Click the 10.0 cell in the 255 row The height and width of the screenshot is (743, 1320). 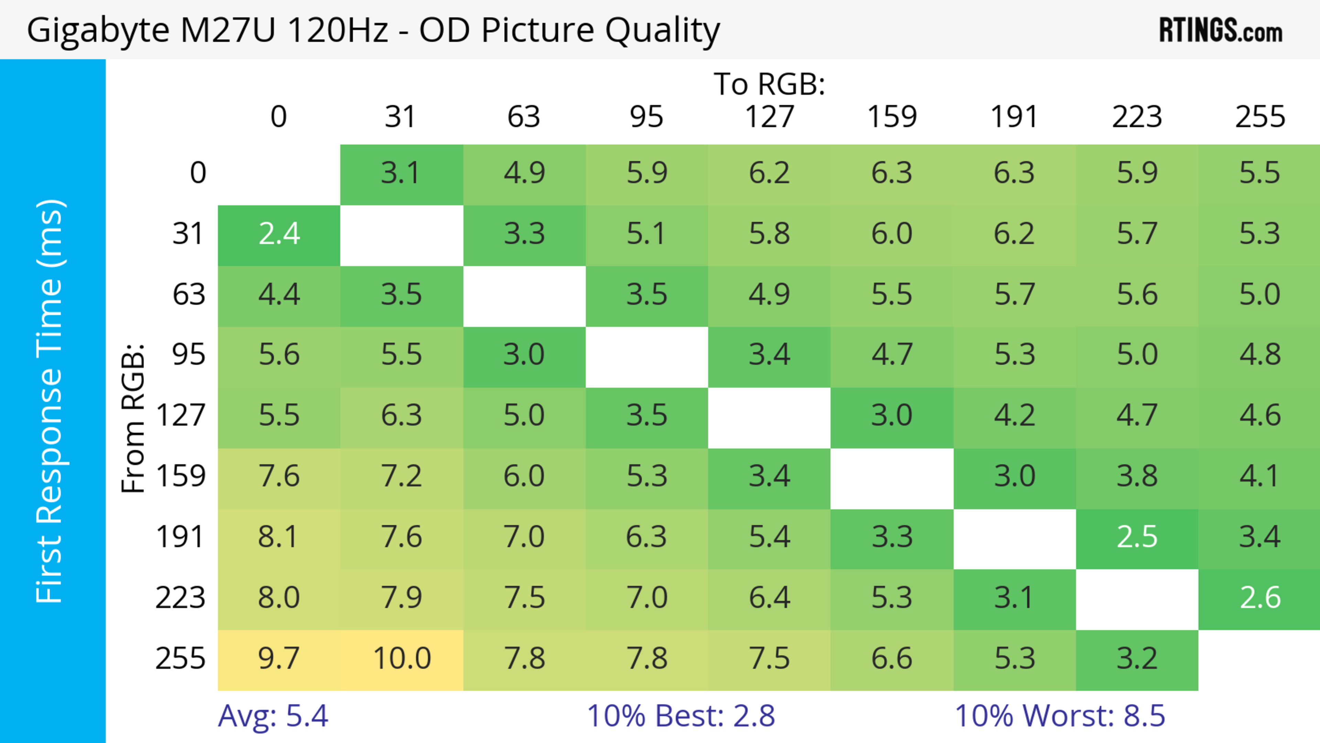(402, 659)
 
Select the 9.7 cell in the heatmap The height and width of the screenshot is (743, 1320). (279, 659)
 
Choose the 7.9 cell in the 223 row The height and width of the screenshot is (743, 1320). (402, 599)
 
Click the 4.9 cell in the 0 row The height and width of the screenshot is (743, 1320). (524, 174)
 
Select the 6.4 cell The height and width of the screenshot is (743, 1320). (769, 599)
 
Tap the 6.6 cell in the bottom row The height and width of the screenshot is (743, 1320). (892, 659)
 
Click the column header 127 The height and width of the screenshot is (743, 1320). (769, 117)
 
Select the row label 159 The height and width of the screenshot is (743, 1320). (181, 477)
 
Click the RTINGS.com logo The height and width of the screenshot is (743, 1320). (1221, 31)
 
